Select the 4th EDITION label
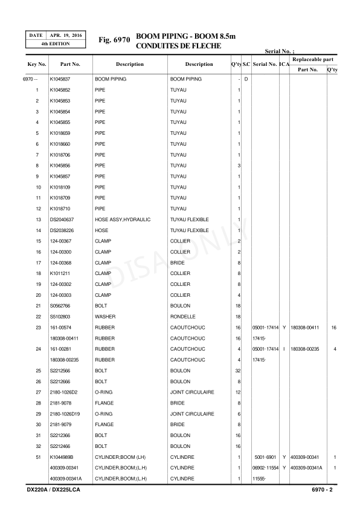[x=55, y=45]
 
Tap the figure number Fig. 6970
[x=114, y=40]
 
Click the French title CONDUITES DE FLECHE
[x=179, y=46]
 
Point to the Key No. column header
[x=37, y=64]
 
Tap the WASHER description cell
[x=105, y=316]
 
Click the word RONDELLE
[x=182, y=316]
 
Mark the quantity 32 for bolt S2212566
[x=238, y=371]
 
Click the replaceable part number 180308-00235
[x=307, y=349]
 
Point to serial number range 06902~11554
[x=266, y=468]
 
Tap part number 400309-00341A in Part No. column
[x=65, y=479]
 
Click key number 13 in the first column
[x=37, y=219]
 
